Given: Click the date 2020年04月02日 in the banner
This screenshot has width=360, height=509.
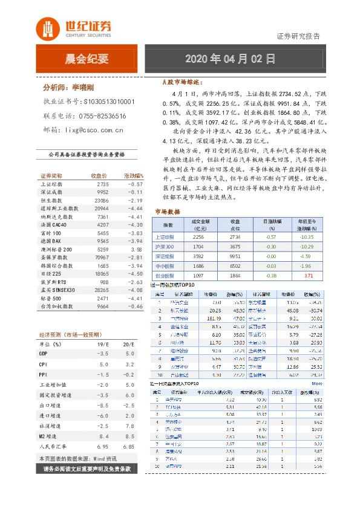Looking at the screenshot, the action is [x=230, y=59].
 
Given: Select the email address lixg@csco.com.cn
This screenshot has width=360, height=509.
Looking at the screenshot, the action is [x=94, y=129].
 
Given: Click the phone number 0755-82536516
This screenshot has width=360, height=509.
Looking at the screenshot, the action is [x=102, y=116].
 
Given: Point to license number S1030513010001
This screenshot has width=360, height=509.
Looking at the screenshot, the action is [x=109, y=102].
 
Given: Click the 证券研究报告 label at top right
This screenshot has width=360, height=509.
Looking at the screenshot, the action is [x=298, y=36].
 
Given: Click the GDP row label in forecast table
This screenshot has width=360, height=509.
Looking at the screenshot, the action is [x=44, y=353].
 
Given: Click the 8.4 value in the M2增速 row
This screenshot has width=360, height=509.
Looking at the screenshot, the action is [x=103, y=435].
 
